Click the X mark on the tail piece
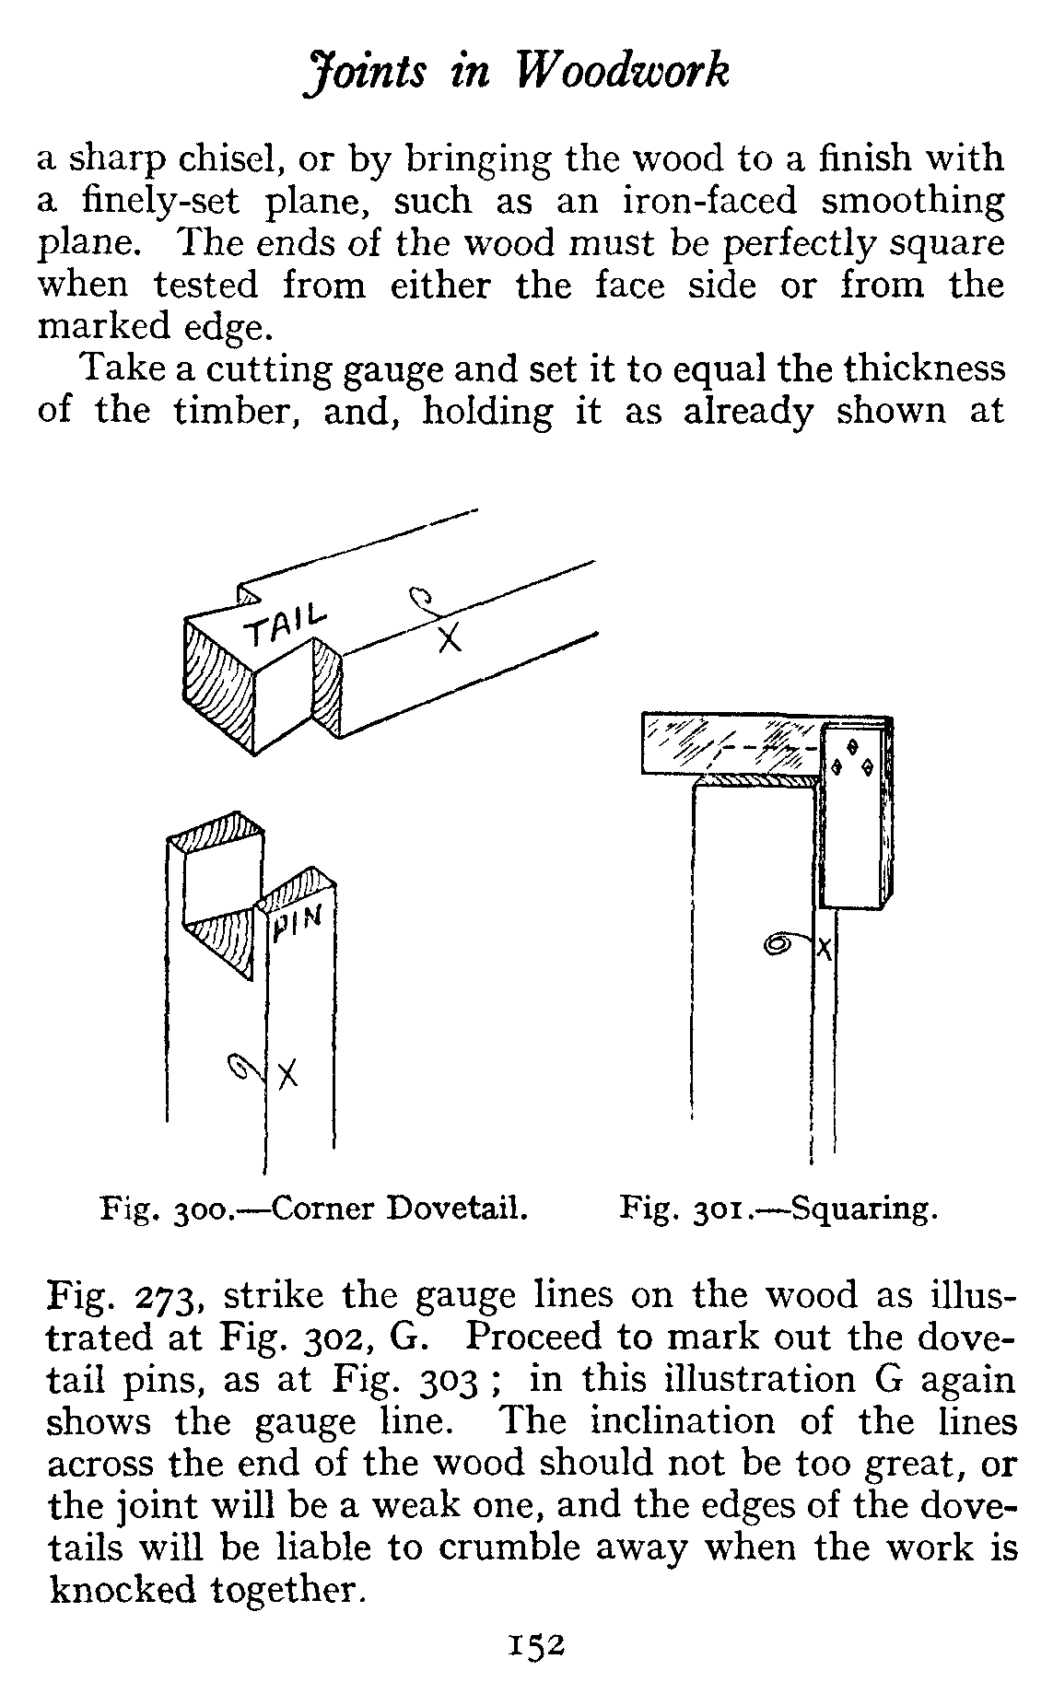pos(449,637)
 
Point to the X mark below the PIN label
pos(288,1072)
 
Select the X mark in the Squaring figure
pos(825,948)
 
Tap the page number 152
pos(531,1645)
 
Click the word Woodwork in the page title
pos(621,72)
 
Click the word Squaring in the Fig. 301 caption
pos(865,1208)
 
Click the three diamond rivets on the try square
pos(854,757)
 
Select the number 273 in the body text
pos(162,1295)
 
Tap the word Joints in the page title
pos(366,72)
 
